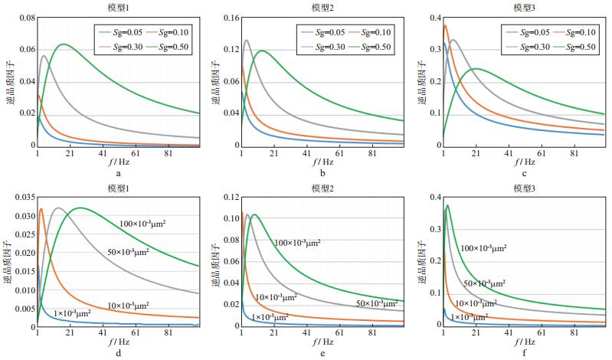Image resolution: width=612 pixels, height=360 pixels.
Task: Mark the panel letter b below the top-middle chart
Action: (x=322, y=174)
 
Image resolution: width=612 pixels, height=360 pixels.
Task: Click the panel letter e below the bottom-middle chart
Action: (x=322, y=353)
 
